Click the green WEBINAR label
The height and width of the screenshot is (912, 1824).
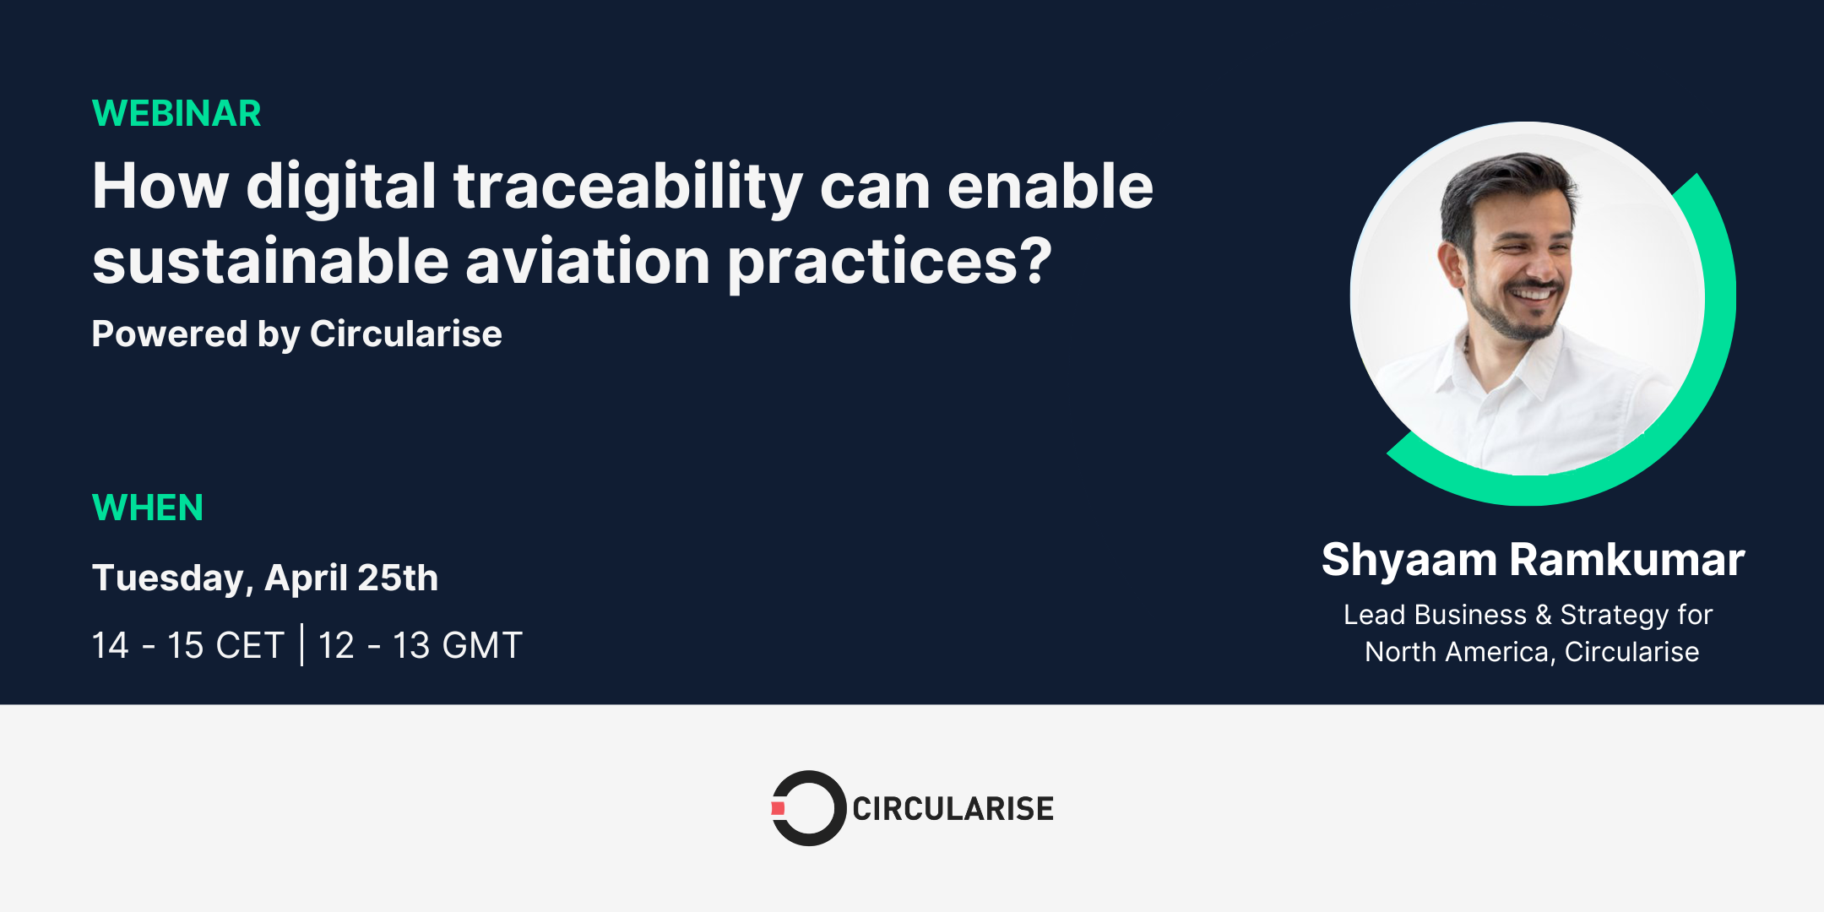pyautogui.click(x=176, y=113)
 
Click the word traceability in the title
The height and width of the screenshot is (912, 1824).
pyautogui.click(x=628, y=187)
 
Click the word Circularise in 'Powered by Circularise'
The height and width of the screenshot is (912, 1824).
pyautogui.click(x=405, y=334)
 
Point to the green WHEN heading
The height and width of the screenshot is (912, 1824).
pyautogui.click(x=148, y=508)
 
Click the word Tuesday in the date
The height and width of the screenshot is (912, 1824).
pyautogui.click(x=167, y=578)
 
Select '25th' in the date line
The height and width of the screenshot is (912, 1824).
pyautogui.click(x=397, y=578)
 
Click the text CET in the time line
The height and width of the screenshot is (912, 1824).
pyautogui.click(x=249, y=646)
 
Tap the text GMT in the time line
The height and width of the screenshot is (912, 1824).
pyautogui.click(x=482, y=646)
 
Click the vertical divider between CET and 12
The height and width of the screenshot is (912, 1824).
pyautogui.click(x=302, y=645)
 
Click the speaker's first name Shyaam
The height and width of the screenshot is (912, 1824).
pyautogui.click(x=1409, y=560)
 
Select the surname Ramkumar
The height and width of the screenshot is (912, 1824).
pyautogui.click(x=1626, y=560)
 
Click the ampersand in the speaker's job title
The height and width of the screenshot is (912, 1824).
pyautogui.click(x=1544, y=615)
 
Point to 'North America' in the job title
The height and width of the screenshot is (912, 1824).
pyautogui.click(x=1457, y=652)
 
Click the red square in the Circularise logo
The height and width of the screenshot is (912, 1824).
pyautogui.click(x=778, y=808)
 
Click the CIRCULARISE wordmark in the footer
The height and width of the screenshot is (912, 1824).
pyautogui.click(x=953, y=809)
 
